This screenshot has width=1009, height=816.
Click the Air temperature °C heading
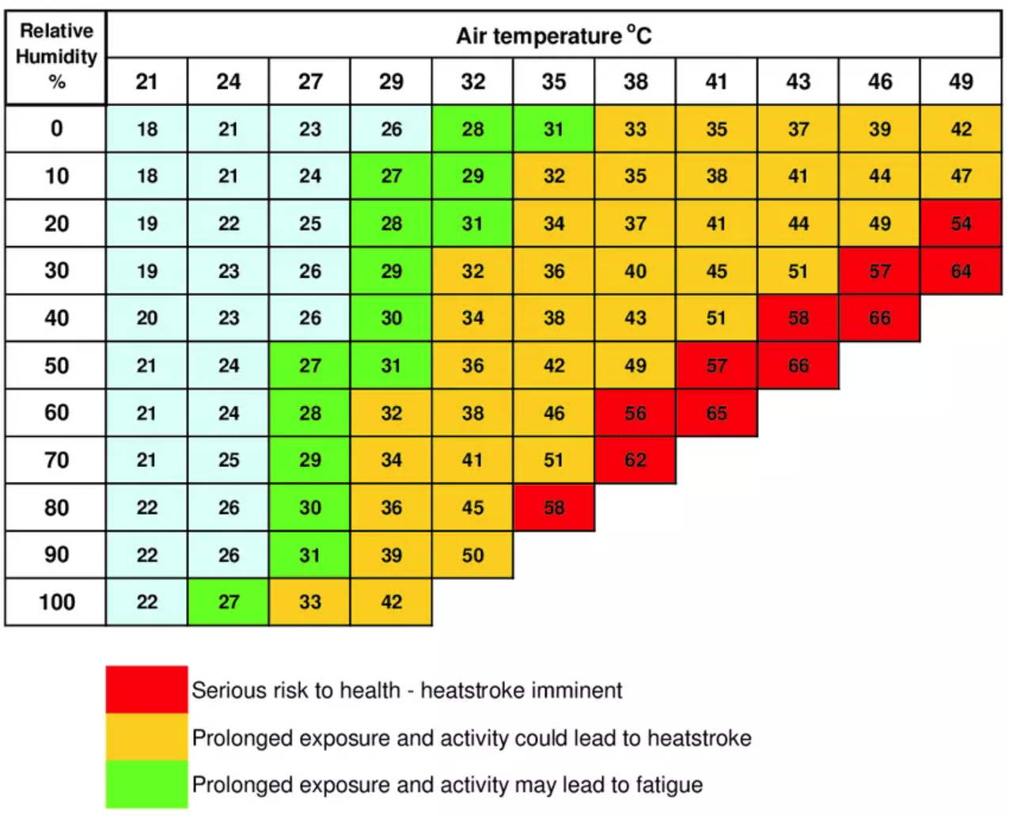pyautogui.click(x=553, y=36)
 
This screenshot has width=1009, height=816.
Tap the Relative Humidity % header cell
pyautogui.click(x=56, y=56)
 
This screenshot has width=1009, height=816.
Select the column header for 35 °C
pyautogui.click(x=554, y=82)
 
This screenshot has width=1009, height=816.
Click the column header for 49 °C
pyautogui.click(x=961, y=82)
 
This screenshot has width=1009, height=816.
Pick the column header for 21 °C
pyautogui.click(x=147, y=82)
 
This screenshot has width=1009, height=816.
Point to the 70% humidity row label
pyautogui.click(x=56, y=460)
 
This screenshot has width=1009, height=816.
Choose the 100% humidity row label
pyautogui.click(x=56, y=602)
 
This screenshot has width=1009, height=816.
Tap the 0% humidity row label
pyautogui.click(x=56, y=128)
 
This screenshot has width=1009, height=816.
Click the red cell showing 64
pyautogui.click(x=961, y=271)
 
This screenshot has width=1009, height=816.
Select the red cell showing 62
pyautogui.click(x=635, y=460)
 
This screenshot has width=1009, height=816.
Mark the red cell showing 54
pyautogui.click(x=961, y=223)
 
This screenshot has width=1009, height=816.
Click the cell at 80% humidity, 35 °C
pyautogui.click(x=554, y=507)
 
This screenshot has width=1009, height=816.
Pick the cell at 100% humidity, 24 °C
pyautogui.click(x=229, y=602)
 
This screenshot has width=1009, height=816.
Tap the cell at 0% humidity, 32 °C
pyautogui.click(x=472, y=128)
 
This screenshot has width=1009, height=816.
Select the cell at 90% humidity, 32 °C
pyautogui.click(x=472, y=555)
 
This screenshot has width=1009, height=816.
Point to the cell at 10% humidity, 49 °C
pyautogui.click(x=961, y=176)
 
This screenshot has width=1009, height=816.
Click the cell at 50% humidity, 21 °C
pyautogui.click(x=147, y=366)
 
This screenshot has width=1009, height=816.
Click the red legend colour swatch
pyautogui.click(x=147, y=689)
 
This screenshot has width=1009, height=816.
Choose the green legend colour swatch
pyautogui.click(x=147, y=784)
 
